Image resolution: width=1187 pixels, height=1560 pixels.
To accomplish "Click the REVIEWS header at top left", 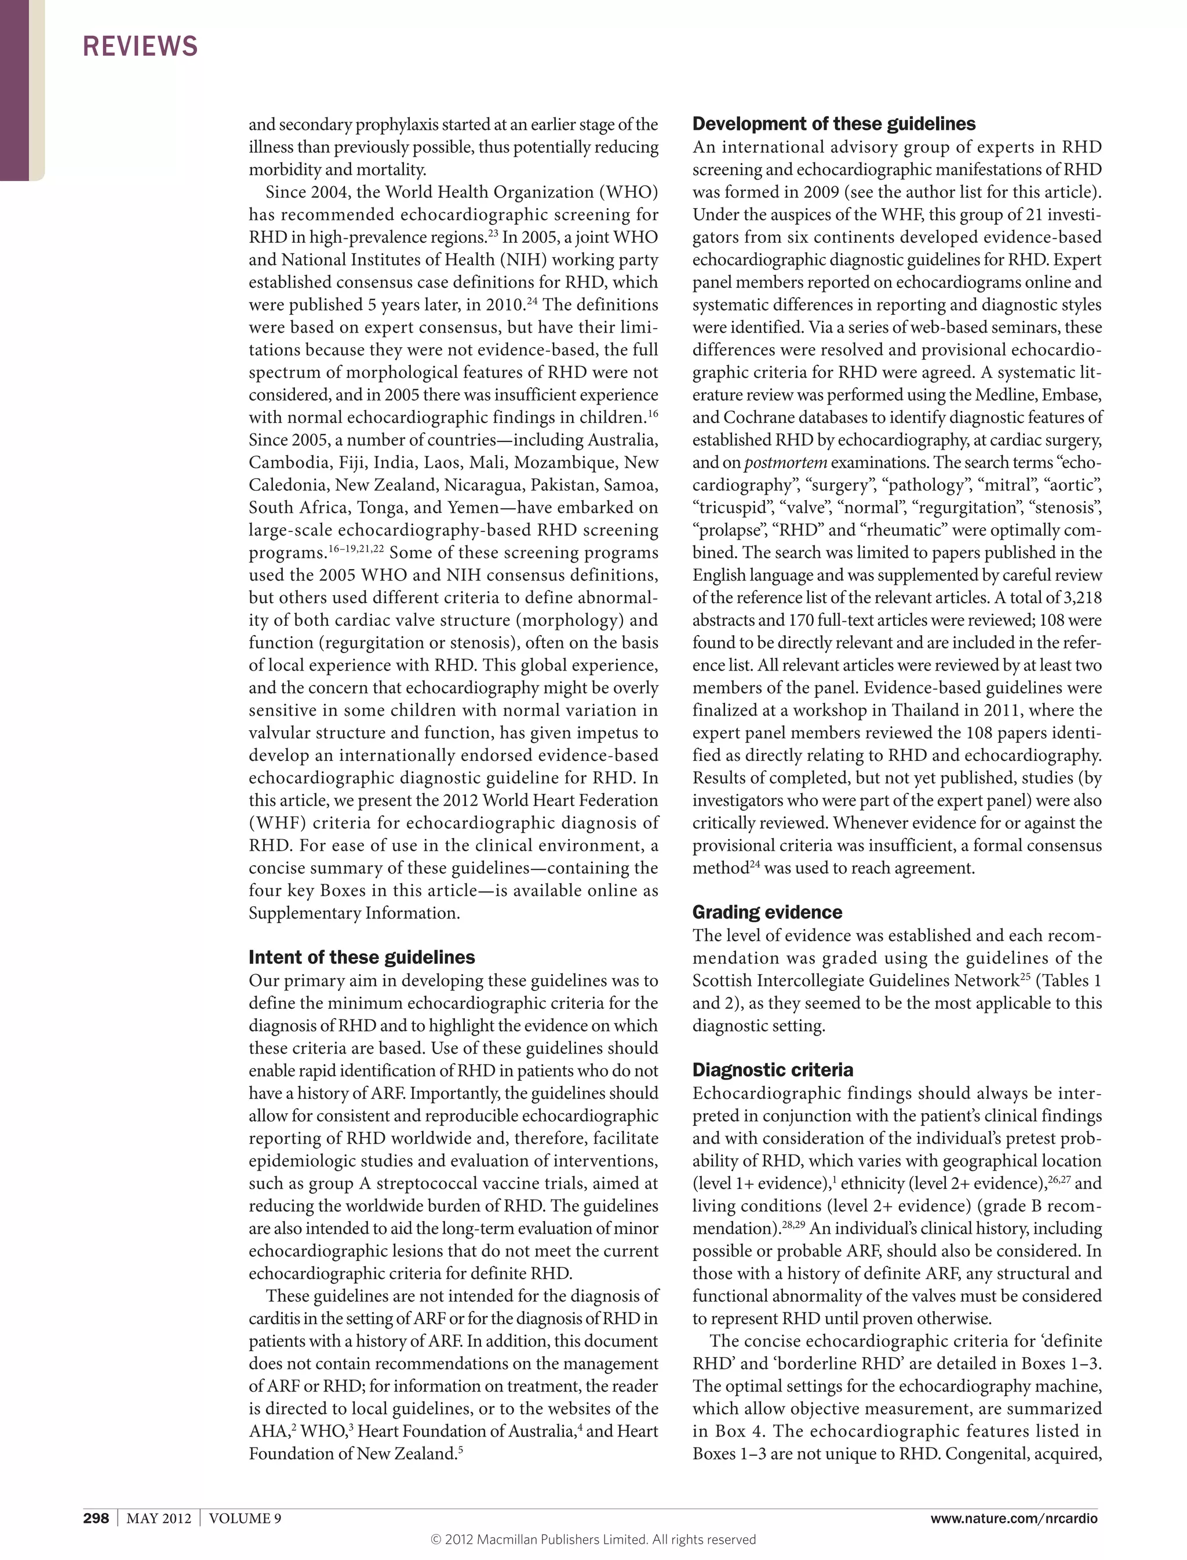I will pos(140,46).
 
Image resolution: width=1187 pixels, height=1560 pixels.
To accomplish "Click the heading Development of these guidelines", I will pos(833,125).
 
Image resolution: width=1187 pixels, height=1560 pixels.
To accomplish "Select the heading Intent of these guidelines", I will pos(361,957).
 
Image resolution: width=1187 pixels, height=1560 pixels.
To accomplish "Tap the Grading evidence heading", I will pos(767,912).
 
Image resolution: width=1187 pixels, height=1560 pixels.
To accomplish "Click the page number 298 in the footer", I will pos(96,1518).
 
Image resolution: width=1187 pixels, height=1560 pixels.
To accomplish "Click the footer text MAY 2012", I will pos(158,1518).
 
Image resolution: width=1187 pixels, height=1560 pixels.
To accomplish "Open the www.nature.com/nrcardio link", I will pos(1013,1518).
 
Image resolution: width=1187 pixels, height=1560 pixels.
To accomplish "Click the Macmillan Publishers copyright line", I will pos(593,1540).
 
